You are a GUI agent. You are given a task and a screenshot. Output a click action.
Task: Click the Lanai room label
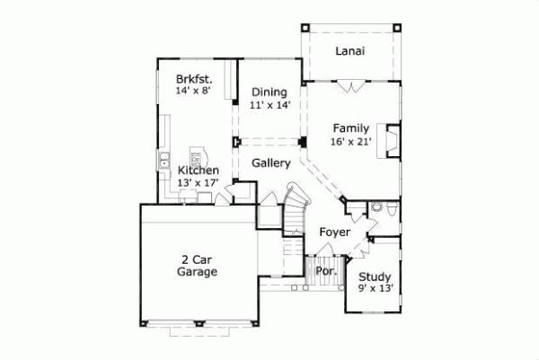pos(349,51)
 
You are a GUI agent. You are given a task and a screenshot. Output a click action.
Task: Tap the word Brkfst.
pos(194,78)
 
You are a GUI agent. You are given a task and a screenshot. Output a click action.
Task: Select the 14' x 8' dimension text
pos(194,91)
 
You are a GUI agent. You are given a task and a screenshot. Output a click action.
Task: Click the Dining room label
pos(269,92)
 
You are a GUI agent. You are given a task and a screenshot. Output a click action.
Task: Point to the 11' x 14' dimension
pos(269,105)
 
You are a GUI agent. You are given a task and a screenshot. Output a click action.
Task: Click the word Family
pos(350,127)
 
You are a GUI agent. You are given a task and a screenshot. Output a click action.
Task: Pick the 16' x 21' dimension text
pos(350,141)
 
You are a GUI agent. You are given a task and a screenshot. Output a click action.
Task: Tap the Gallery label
pos(270,163)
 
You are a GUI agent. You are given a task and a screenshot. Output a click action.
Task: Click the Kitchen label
pos(198,170)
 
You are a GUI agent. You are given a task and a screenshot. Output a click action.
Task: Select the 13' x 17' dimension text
pos(198,183)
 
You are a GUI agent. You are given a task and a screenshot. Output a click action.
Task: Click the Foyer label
pos(334,233)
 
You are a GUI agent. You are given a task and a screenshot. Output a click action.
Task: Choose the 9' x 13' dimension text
pos(375,288)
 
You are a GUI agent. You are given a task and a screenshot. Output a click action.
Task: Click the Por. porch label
pos(326,268)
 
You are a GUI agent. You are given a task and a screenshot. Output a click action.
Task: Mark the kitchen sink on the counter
pos(166,162)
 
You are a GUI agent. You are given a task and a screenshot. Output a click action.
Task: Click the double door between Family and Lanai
pos(350,85)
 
